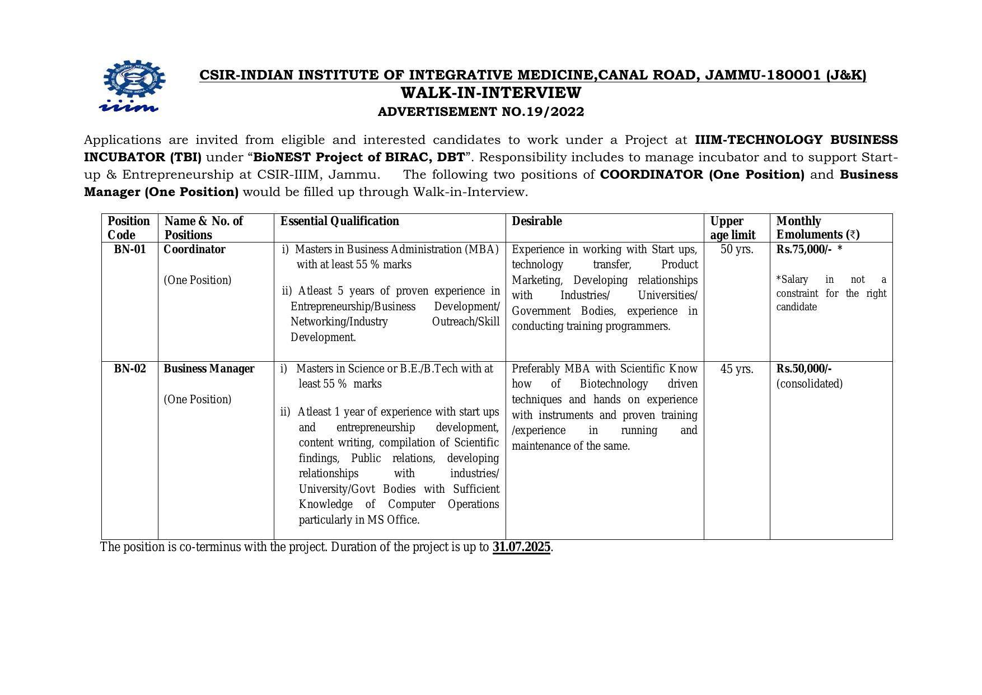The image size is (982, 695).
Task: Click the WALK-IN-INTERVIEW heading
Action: tap(491, 93)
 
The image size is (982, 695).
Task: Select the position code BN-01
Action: tap(129, 250)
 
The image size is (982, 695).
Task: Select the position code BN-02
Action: tap(129, 369)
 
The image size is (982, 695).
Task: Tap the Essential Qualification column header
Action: tap(339, 221)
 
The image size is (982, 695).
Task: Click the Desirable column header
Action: tap(536, 221)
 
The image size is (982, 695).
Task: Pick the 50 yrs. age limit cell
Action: tap(736, 250)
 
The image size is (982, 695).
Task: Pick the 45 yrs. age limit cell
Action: tap(736, 370)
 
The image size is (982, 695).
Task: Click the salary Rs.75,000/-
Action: tap(803, 250)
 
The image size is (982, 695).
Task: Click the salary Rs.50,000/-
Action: tap(803, 369)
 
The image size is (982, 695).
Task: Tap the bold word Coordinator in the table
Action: tap(194, 250)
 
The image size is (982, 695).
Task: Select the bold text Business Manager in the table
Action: tap(209, 369)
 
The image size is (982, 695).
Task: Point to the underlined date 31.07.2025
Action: tap(521, 547)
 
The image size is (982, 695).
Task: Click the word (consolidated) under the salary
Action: tap(809, 384)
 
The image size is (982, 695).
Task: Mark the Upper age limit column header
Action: tap(732, 228)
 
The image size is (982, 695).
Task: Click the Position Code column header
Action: tap(129, 228)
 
